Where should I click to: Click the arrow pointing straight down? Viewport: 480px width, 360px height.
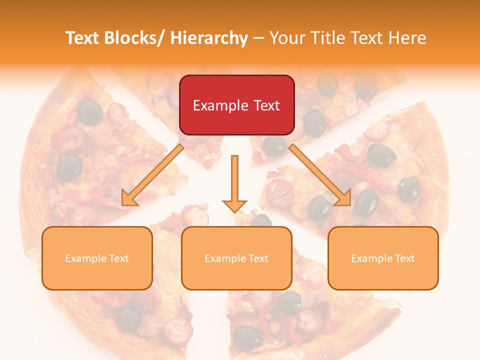pos(234,183)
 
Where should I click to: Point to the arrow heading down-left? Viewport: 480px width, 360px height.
pos(153,175)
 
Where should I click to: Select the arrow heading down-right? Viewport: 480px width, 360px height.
pos(320,175)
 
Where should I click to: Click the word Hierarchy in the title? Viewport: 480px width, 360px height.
pos(209,38)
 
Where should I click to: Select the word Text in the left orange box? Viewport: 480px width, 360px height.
pos(119,258)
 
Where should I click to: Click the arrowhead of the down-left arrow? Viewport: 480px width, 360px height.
pos(129,198)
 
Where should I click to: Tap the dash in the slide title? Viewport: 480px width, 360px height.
pos(258,38)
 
